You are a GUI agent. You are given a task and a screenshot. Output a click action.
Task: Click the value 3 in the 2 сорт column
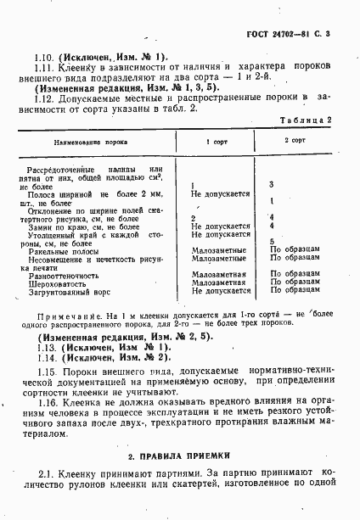click(270, 183)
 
